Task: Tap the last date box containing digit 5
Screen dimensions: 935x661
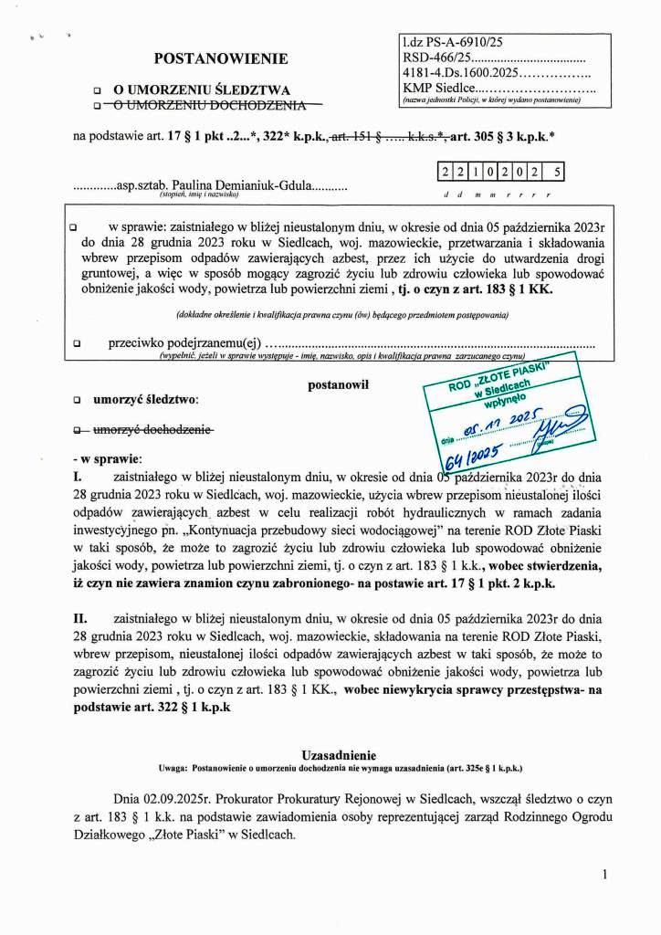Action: point(556,170)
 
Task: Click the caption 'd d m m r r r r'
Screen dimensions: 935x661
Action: point(498,195)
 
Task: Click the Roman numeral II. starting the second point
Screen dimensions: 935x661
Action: point(79,618)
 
